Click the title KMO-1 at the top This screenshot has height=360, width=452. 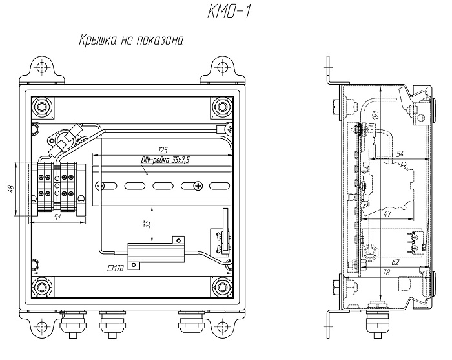[229, 13]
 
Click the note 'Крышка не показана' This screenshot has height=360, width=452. [131, 40]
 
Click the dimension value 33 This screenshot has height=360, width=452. [147, 224]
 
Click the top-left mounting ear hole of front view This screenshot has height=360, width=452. [43, 68]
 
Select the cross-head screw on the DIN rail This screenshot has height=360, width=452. [198, 186]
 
